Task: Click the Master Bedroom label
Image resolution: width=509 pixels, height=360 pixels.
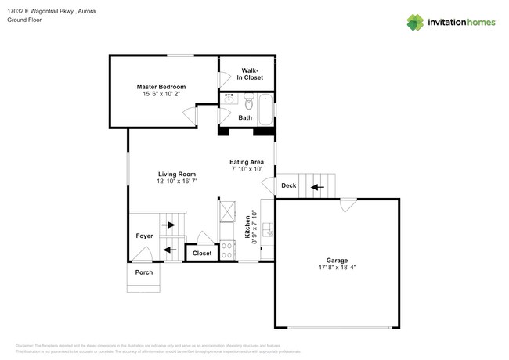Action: [x=161, y=86]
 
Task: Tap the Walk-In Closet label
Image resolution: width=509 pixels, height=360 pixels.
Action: [x=251, y=74]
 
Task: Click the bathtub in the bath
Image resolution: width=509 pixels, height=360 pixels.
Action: [x=266, y=109]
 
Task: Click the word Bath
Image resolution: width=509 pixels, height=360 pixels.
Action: [x=245, y=118]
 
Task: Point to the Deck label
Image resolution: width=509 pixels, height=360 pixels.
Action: [x=288, y=185]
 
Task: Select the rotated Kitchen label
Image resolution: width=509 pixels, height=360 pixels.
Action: [x=248, y=227]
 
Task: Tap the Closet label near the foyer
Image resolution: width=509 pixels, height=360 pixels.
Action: [x=202, y=254]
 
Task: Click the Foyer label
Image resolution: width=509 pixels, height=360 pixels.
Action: [x=144, y=236]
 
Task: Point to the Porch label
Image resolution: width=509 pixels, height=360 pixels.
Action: [x=144, y=272]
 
